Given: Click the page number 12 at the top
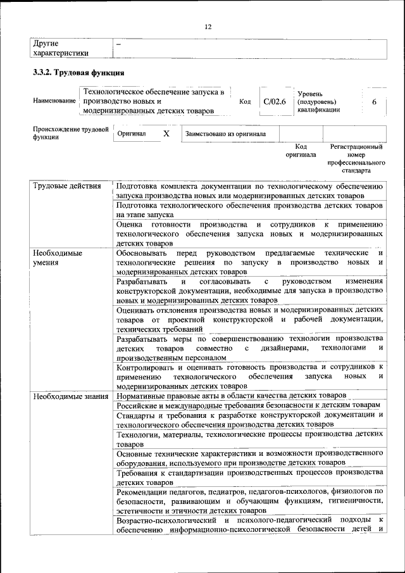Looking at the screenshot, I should coord(208,27).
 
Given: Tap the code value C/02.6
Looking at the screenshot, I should coord(275,101).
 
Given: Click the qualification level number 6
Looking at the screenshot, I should coord(375,101).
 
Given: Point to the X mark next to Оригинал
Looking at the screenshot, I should coord(166,134).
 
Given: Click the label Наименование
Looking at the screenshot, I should coord(54,101).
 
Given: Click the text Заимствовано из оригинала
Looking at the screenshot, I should coord(226,134).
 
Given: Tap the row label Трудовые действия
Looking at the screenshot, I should coord(66,186).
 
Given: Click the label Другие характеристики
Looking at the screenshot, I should coord(60,48).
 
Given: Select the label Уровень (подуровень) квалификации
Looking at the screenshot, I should coord(319,101).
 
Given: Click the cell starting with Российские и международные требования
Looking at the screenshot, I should coord(249,405).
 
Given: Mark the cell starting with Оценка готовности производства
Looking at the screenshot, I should coord(249,233).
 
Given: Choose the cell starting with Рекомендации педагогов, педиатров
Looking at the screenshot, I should coord(249,500).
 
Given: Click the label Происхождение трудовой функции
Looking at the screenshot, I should coord(68,134).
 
